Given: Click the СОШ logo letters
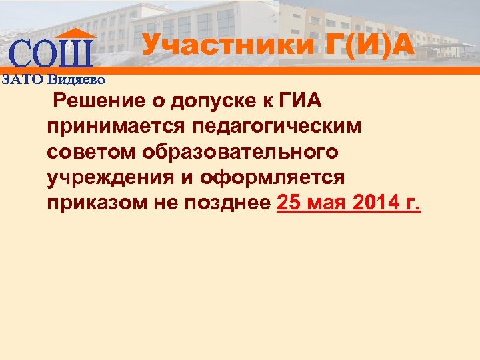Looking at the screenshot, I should click(52, 53).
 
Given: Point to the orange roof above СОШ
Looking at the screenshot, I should click(75, 33).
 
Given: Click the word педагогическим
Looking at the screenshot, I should click(280, 127).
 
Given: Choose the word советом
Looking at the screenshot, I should click(91, 152).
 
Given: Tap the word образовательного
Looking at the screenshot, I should click(240, 152).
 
